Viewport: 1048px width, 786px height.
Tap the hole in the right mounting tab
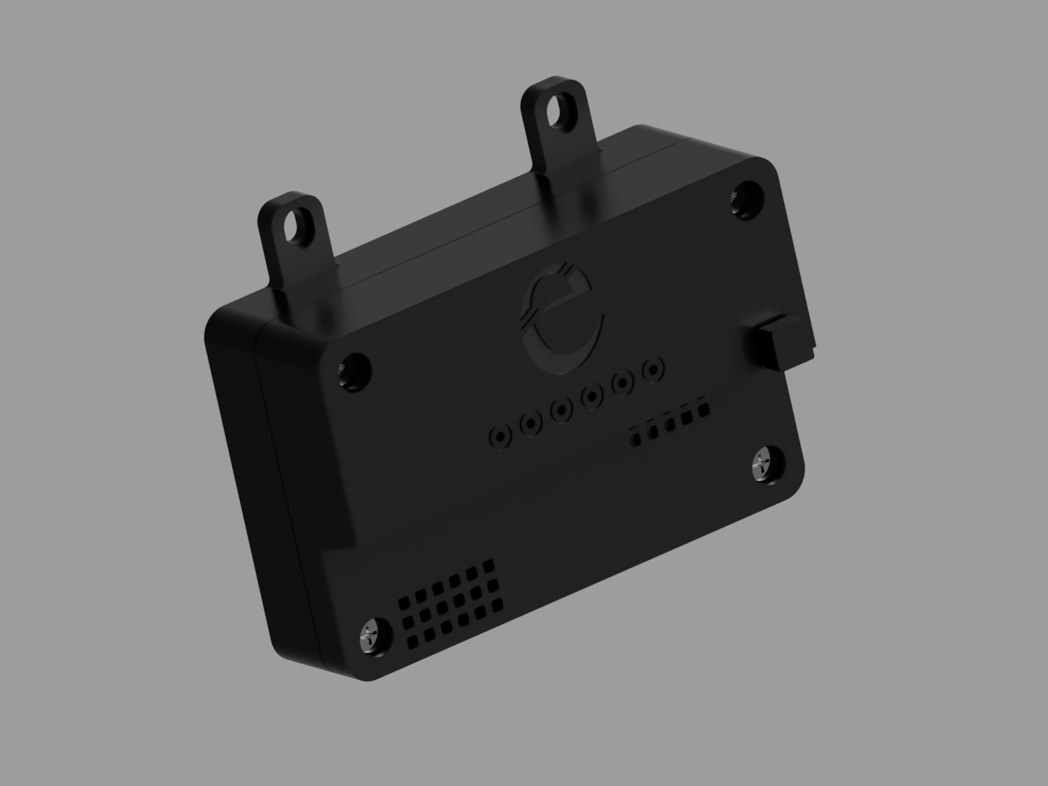point(559,108)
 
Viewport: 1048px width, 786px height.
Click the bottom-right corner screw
point(765,464)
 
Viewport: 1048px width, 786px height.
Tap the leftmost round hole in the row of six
point(501,436)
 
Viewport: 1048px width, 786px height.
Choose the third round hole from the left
point(562,410)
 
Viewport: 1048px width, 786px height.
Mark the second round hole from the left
point(531,423)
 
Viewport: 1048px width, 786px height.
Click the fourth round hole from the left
point(593,396)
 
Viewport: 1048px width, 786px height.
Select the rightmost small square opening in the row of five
point(703,410)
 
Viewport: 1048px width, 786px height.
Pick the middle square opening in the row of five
point(670,424)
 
